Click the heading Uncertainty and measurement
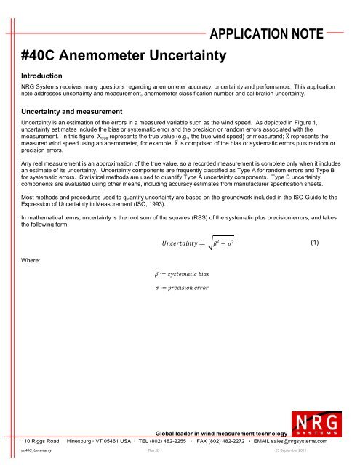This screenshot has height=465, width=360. point(71,111)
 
